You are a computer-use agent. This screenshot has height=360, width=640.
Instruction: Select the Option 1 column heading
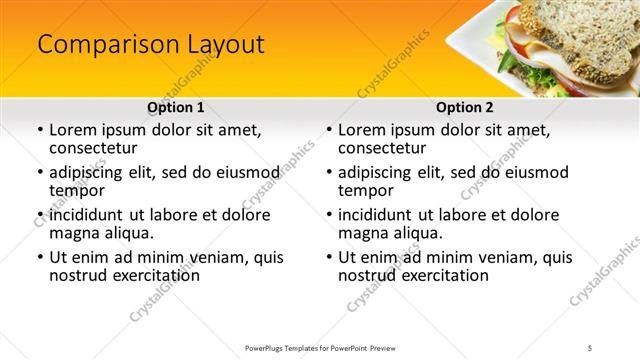click(x=176, y=107)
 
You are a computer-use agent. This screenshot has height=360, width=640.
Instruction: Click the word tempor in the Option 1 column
click(x=77, y=190)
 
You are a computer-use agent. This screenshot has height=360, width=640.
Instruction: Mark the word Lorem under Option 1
click(x=72, y=130)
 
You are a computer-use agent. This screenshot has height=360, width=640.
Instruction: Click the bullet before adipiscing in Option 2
click(x=329, y=173)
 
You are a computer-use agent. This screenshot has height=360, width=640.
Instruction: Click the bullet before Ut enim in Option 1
click(x=40, y=257)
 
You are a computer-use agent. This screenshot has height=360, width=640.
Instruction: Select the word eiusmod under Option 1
click(x=242, y=173)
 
